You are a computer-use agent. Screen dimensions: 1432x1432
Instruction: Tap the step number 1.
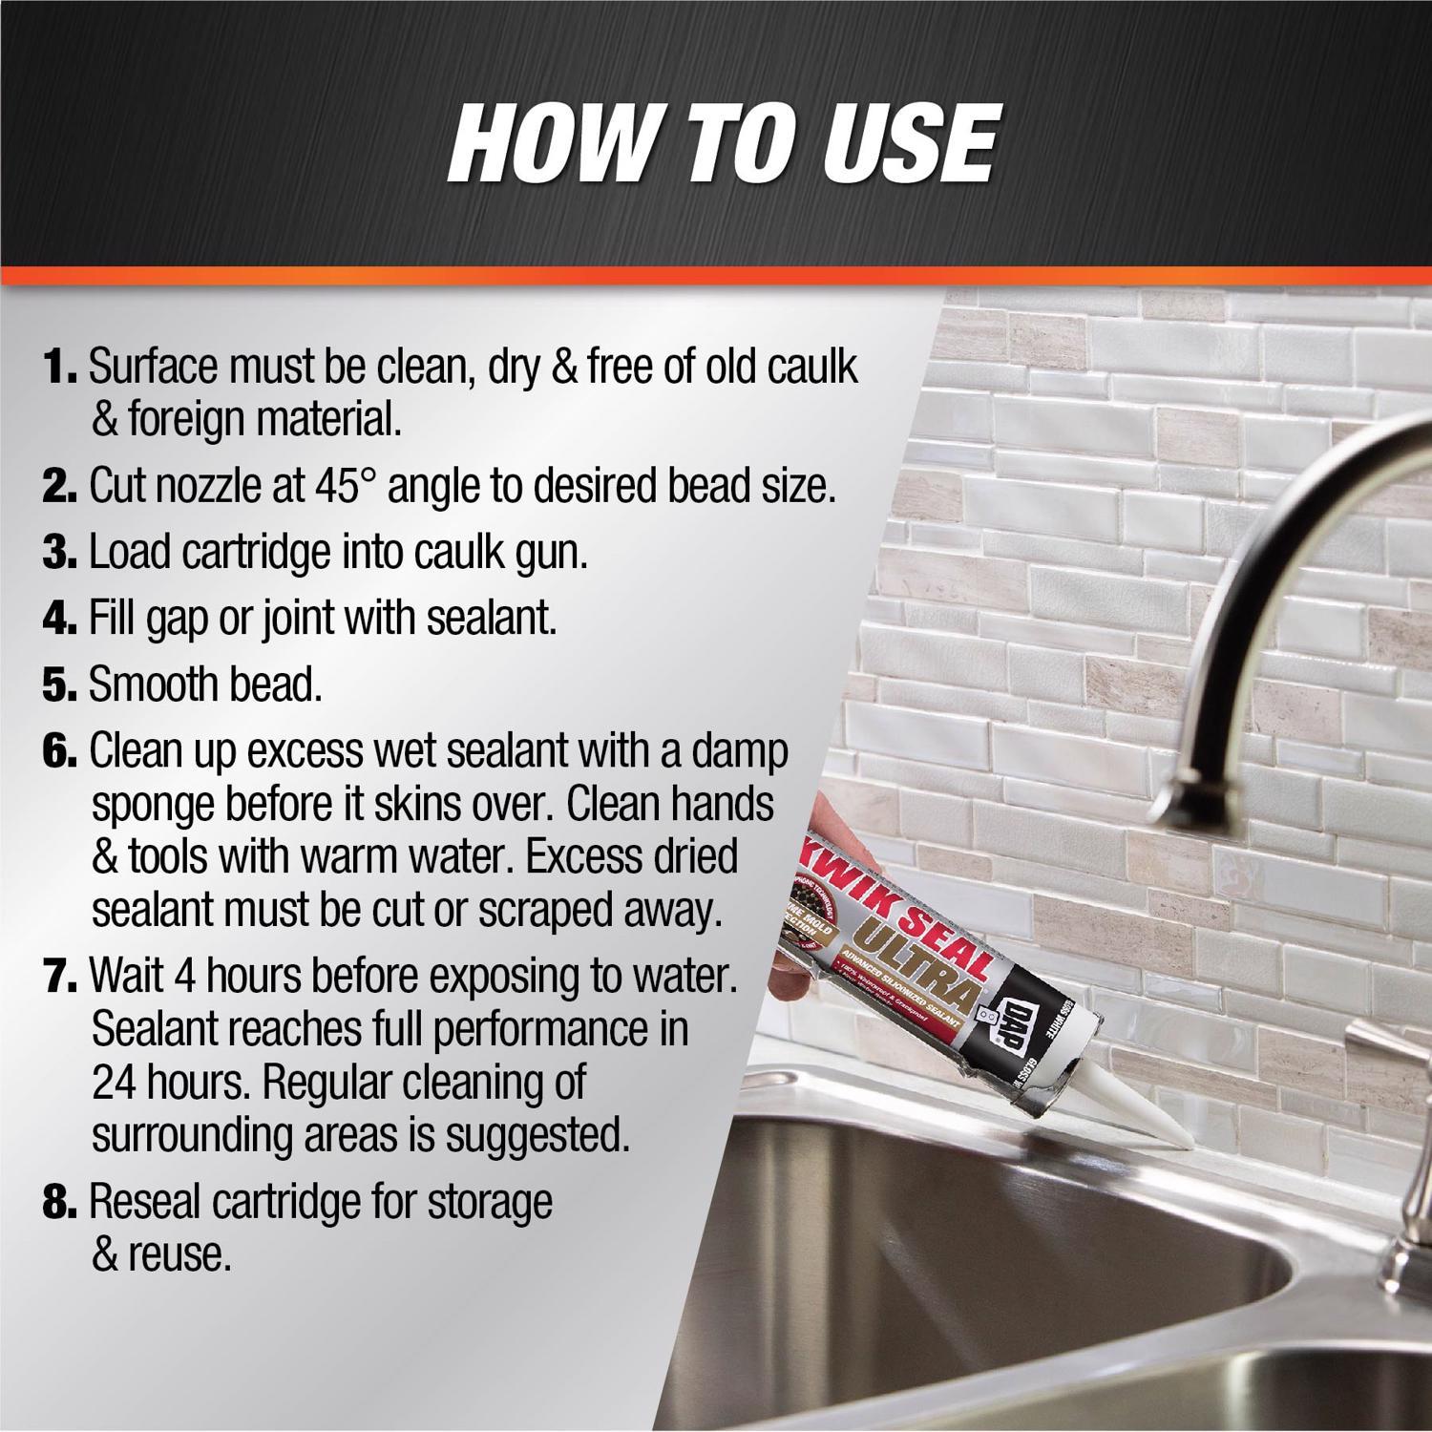(61, 367)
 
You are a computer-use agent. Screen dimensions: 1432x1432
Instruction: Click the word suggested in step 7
(538, 1136)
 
